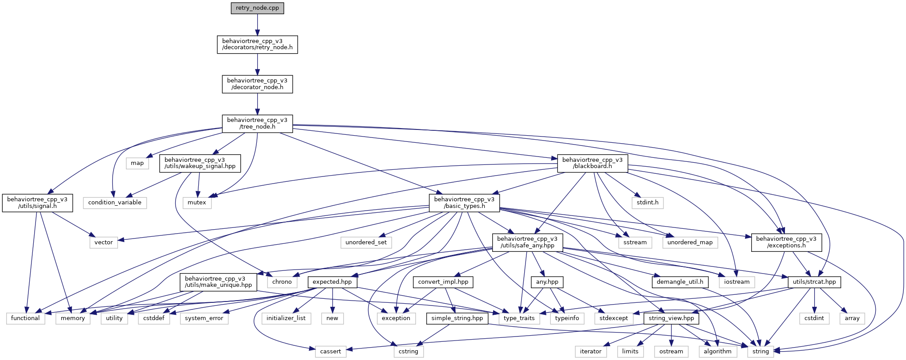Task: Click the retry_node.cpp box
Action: tap(257, 8)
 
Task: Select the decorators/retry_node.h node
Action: tap(257, 44)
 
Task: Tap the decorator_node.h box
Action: tap(257, 84)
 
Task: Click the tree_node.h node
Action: tap(257, 123)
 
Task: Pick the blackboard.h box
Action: tap(592, 163)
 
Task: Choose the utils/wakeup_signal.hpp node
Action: tap(200, 163)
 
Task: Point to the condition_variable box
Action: tap(114, 203)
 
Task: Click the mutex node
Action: tap(197, 203)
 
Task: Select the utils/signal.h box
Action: tap(37, 203)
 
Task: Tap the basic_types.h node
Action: tap(464, 203)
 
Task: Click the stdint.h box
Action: tap(647, 203)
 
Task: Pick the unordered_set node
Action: tap(366, 243)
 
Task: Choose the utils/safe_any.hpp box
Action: tap(527, 242)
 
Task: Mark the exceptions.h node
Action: tap(786, 242)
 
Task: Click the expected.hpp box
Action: tap(332, 282)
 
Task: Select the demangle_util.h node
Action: tap(680, 282)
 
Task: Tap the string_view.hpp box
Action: tap(671, 318)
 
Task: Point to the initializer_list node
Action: tap(286, 318)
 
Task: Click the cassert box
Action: tap(330, 352)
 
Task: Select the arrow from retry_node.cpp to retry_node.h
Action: tap(257, 25)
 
